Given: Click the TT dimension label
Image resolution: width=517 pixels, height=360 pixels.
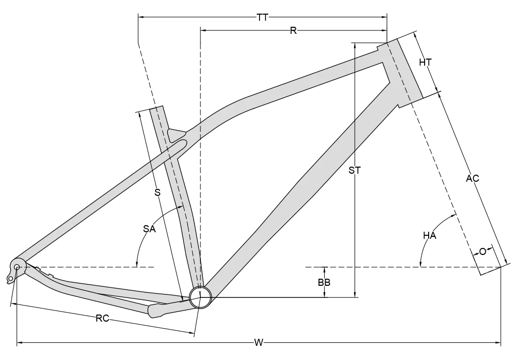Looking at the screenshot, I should click(262, 18).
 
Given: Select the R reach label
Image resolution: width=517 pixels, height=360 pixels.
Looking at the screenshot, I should click(293, 31).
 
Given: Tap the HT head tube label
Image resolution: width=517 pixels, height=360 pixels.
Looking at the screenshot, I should click(426, 63).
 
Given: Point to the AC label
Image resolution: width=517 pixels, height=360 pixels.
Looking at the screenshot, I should click(473, 178).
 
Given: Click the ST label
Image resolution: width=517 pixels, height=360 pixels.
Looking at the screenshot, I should click(355, 171).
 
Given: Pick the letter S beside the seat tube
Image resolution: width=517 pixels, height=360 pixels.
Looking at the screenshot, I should click(157, 192).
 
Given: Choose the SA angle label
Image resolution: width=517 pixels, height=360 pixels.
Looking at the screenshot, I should click(149, 229).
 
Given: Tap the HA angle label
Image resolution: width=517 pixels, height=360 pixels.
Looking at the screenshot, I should click(430, 236).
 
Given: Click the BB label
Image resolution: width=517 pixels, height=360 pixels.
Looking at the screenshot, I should click(324, 283).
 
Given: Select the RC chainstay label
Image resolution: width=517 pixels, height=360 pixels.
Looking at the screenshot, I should click(103, 319).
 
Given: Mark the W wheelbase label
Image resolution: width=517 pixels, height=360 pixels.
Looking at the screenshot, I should click(258, 343).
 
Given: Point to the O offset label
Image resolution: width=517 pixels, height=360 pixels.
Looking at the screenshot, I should click(483, 251).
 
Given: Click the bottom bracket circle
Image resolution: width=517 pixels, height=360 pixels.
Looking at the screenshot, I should click(199, 296).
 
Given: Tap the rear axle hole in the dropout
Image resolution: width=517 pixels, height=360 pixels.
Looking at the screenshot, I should click(17, 267).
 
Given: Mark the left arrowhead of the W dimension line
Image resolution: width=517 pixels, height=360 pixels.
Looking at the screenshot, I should click(20, 343).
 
